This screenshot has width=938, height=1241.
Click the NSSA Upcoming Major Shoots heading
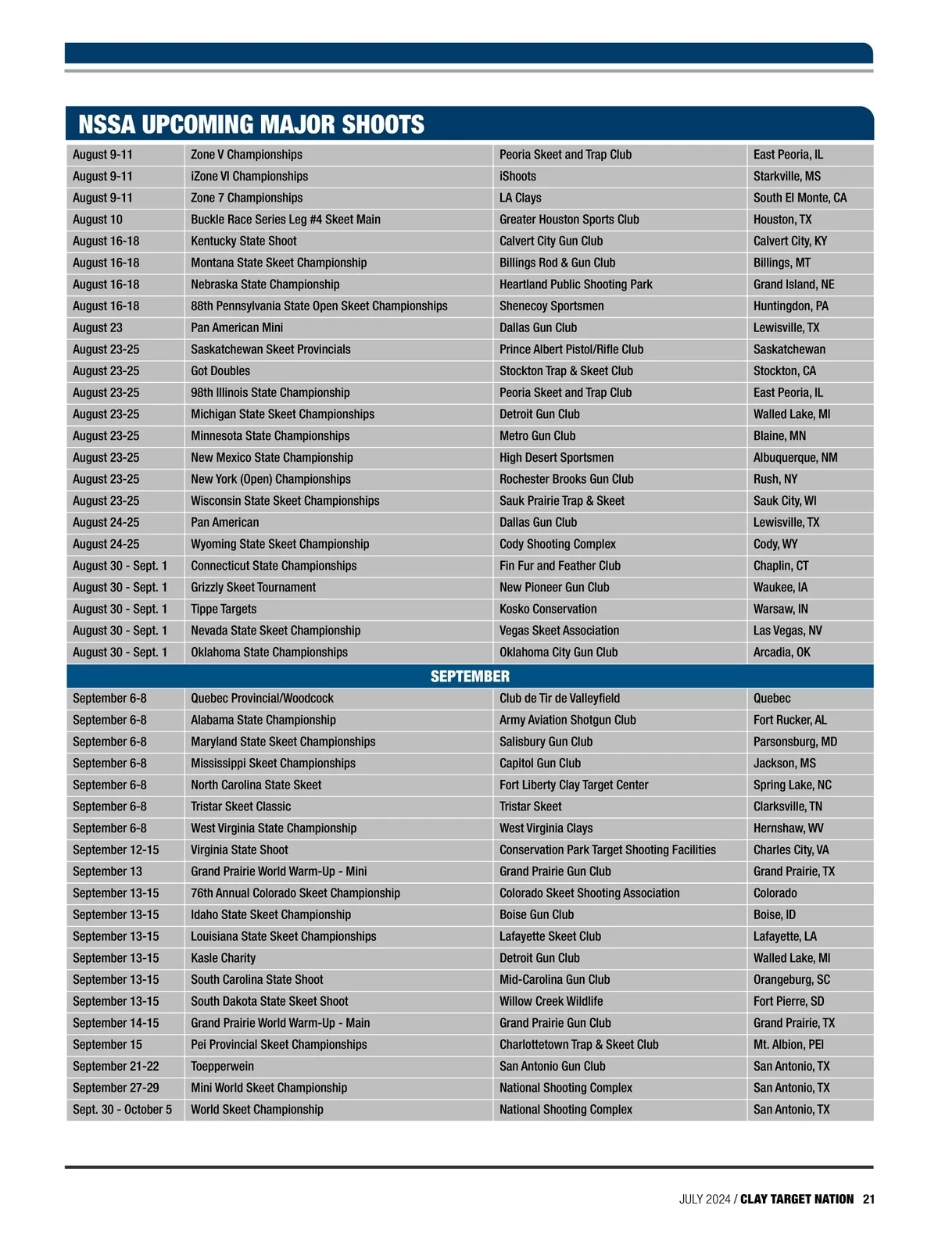click(x=251, y=124)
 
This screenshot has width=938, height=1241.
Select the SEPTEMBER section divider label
click(x=470, y=676)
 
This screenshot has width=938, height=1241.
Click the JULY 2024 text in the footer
click(x=704, y=1199)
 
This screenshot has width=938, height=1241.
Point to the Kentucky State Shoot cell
click(x=244, y=241)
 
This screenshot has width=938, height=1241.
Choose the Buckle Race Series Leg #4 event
click(x=285, y=220)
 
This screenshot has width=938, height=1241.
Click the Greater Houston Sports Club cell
click(x=569, y=220)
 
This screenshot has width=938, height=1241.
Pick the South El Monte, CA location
click(x=800, y=198)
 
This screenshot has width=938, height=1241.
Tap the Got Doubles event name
click(x=220, y=371)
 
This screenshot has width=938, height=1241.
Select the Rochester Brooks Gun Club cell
click(x=567, y=479)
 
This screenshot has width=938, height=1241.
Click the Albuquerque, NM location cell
click(x=795, y=457)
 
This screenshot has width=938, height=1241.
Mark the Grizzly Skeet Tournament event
click(x=253, y=587)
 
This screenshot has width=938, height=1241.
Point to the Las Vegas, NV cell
click(x=787, y=631)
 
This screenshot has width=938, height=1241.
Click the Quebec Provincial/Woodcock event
click(x=262, y=699)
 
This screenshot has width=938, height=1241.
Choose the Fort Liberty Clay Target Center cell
click(x=574, y=785)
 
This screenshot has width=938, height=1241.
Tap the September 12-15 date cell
click(x=116, y=849)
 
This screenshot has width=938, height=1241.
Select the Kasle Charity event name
click(x=223, y=958)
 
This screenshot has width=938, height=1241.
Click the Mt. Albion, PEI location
click(x=788, y=1044)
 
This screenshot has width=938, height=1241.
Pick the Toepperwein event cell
click(x=222, y=1066)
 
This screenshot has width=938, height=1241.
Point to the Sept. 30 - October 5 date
click(x=122, y=1109)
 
